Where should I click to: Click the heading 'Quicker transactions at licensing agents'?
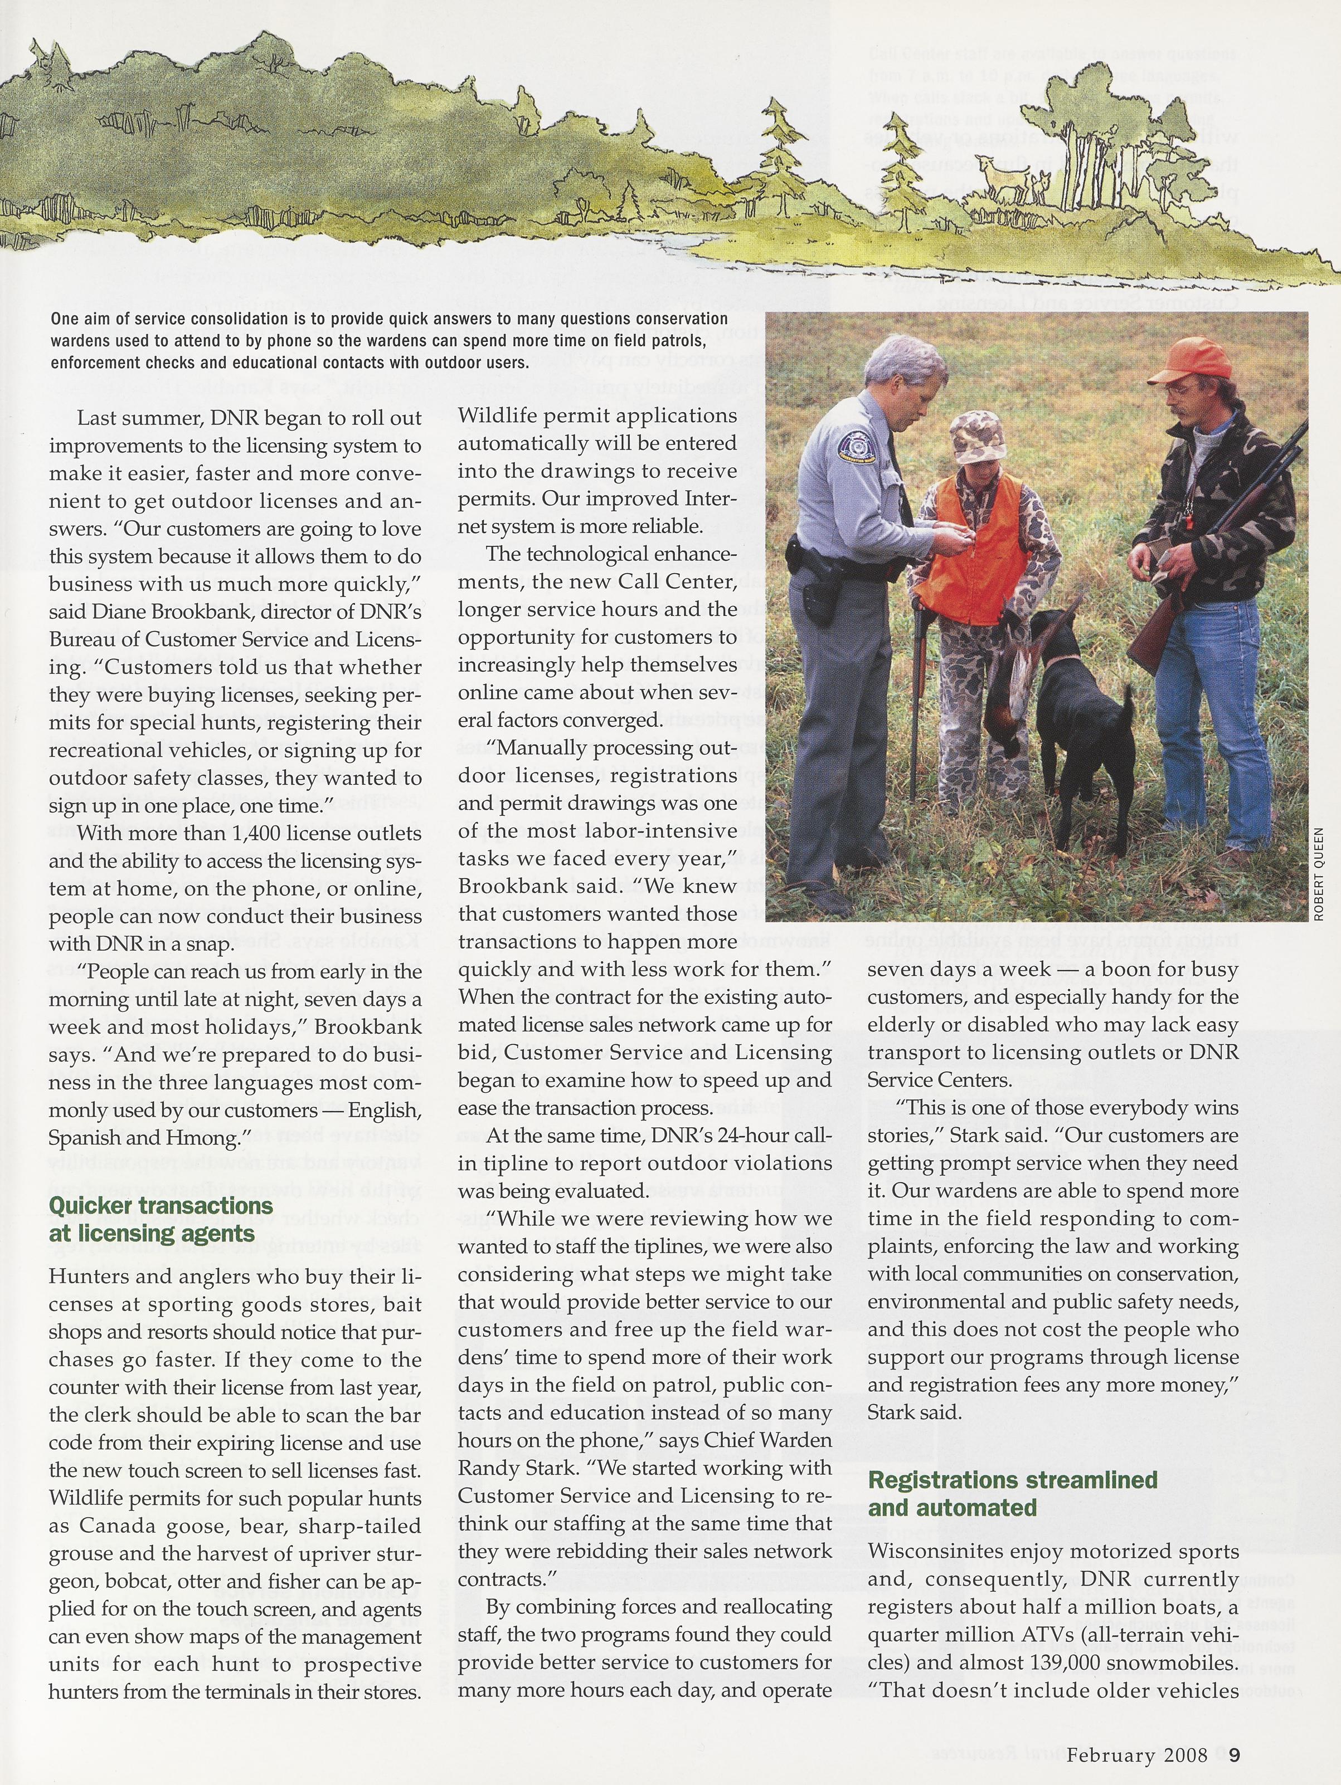point(162,1219)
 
